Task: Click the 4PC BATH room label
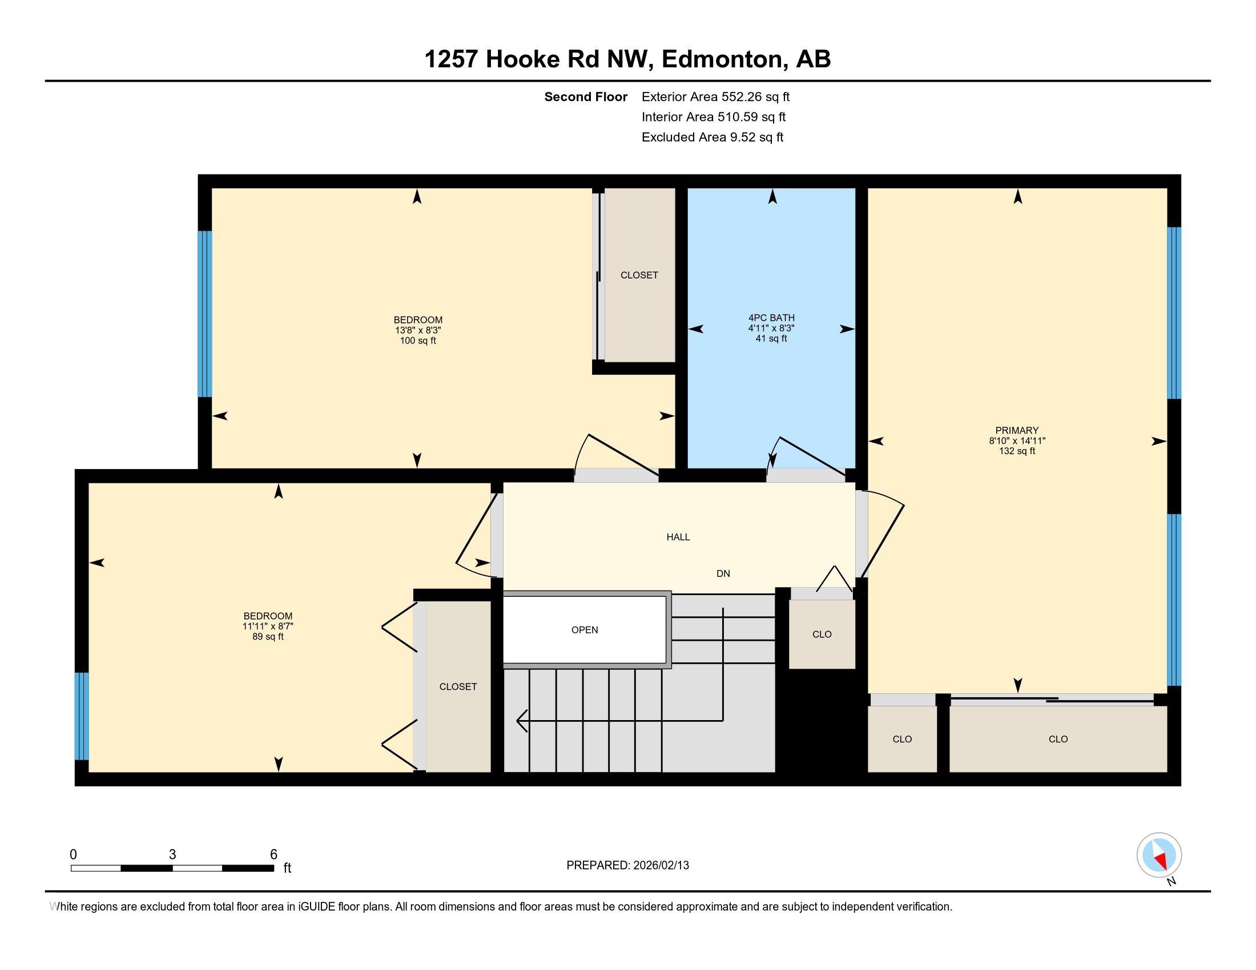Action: pos(771,318)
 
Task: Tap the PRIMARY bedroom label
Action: pos(1017,430)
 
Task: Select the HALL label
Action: pos(678,537)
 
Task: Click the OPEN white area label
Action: pos(584,630)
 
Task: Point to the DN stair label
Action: pos(723,573)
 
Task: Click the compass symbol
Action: pos(1159,855)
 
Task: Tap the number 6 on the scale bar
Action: pos(273,854)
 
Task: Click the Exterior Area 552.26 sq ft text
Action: pos(715,97)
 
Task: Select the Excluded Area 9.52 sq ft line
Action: pos(712,138)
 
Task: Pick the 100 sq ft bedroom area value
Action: pos(418,341)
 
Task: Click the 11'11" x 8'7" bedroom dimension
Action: pos(268,627)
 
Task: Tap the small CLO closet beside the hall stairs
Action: pos(822,634)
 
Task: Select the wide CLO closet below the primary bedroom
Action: pos(1058,739)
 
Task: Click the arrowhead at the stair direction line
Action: pos(521,720)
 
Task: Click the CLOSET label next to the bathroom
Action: pos(639,275)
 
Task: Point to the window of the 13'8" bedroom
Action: pos(205,314)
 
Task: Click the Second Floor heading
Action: pos(585,97)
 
